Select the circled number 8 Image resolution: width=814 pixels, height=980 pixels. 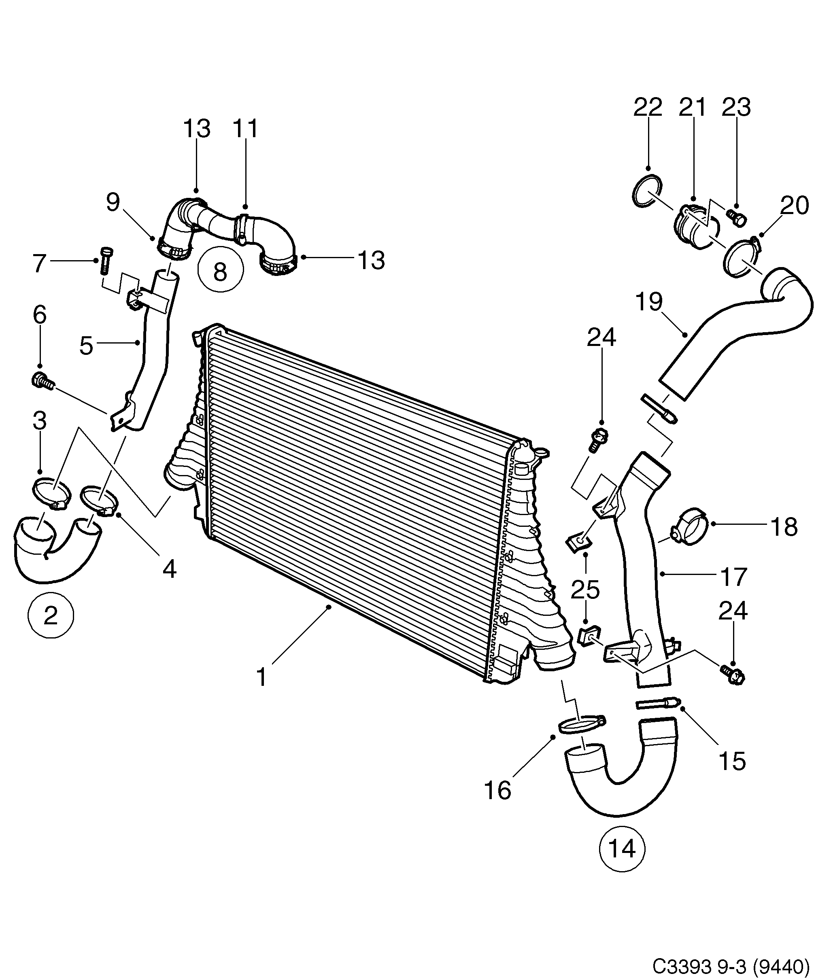[x=220, y=271]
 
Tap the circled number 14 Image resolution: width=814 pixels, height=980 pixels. [x=622, y=848]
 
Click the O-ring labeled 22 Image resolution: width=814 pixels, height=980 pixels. [x=647, y=193]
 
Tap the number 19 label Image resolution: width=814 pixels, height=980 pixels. [x=649, y=302]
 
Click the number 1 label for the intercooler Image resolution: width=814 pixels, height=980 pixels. [x=261, y=677]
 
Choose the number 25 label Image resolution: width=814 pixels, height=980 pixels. [x=585, y=590]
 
